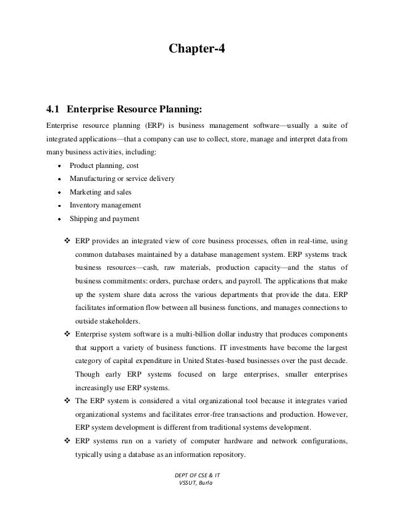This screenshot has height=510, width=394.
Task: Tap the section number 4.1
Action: [54, 111]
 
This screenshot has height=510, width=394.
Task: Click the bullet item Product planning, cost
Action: [104, 166]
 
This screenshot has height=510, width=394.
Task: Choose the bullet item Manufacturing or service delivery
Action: [122, 179]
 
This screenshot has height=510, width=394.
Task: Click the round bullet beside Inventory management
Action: [58, 206]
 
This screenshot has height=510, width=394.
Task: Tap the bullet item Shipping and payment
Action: [104, 218]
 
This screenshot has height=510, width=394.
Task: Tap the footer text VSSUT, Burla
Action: [193, 499]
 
